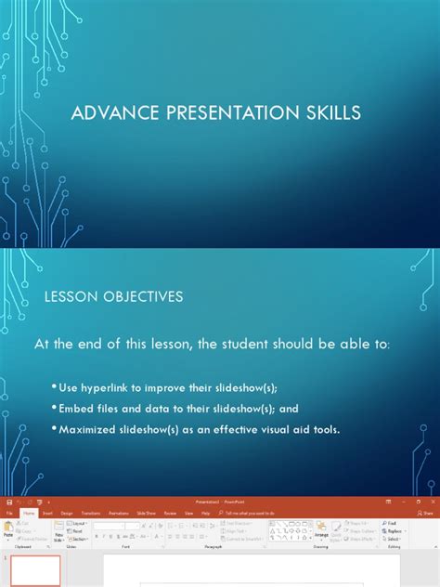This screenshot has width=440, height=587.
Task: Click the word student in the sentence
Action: tap(248, 346)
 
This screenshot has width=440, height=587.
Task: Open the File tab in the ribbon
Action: tap(9, 512)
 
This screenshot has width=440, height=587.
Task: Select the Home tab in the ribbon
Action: tap(28, 512)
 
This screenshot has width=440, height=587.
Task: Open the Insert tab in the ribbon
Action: tap(46, 512)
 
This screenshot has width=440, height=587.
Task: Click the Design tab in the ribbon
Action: tap(67, 512)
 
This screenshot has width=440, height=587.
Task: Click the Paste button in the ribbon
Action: tap(8, 529)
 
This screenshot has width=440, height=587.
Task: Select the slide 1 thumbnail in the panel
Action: tap(35, 571)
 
